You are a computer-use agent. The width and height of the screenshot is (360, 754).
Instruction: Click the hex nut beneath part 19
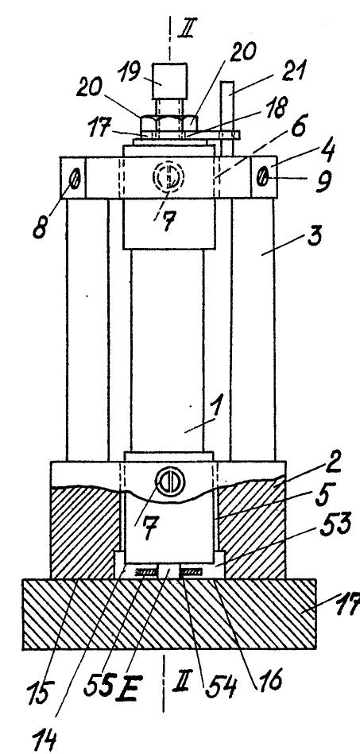coord(168,122)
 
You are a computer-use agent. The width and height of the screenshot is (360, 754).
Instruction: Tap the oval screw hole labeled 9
coord(261,180)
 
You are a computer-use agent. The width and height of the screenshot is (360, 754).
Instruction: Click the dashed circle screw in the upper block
coord(168,177)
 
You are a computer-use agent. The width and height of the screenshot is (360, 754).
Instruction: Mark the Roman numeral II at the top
coord(186,28)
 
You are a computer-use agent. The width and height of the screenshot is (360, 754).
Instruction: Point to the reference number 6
coord(298,127)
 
